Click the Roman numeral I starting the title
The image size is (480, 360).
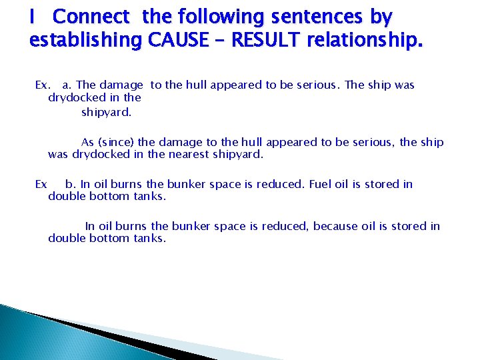pyautogui.click(x=32, y=16)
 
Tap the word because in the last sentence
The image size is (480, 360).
pyautogui.click(x=337, y=226)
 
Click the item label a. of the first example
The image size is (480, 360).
pyautogui.click(x=67, y=85)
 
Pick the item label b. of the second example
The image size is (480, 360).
pyautogui.click(x=71, y=184)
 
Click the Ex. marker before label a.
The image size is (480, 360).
pyautogui.click(x=42, y=85)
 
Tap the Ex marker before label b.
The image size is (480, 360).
pyautogui.click(x=41, y=184)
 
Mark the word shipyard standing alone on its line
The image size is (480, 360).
pyautogui.click(x=106, y=111)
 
